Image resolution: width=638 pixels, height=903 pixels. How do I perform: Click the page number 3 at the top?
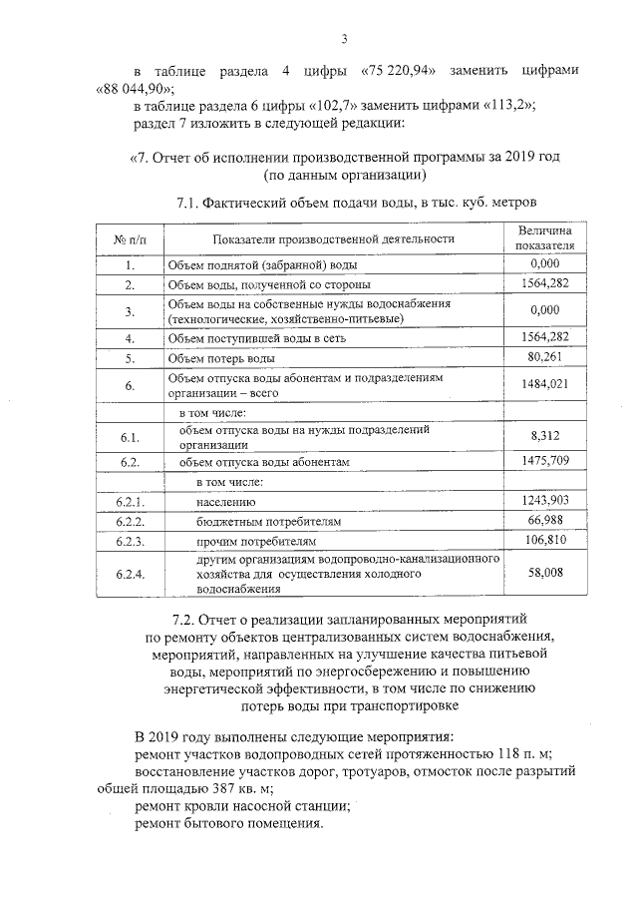click(x=342, y=39)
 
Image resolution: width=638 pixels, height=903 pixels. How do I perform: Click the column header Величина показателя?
click(x=545, y=237)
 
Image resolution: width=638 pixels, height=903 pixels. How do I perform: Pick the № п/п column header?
click(x=130, y=238)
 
